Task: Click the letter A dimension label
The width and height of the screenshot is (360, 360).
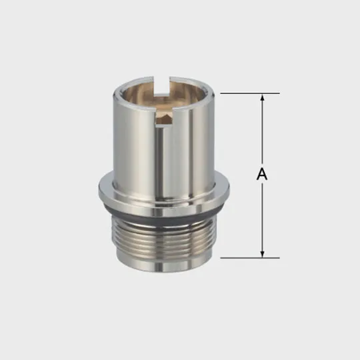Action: point(262,175)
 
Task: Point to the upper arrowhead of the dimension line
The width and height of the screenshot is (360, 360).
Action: point(262,98)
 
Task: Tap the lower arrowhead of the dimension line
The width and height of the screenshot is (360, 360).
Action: point(262,253)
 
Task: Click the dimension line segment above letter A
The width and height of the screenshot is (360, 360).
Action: point(262,133)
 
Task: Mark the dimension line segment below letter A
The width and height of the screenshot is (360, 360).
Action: point(262,217)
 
